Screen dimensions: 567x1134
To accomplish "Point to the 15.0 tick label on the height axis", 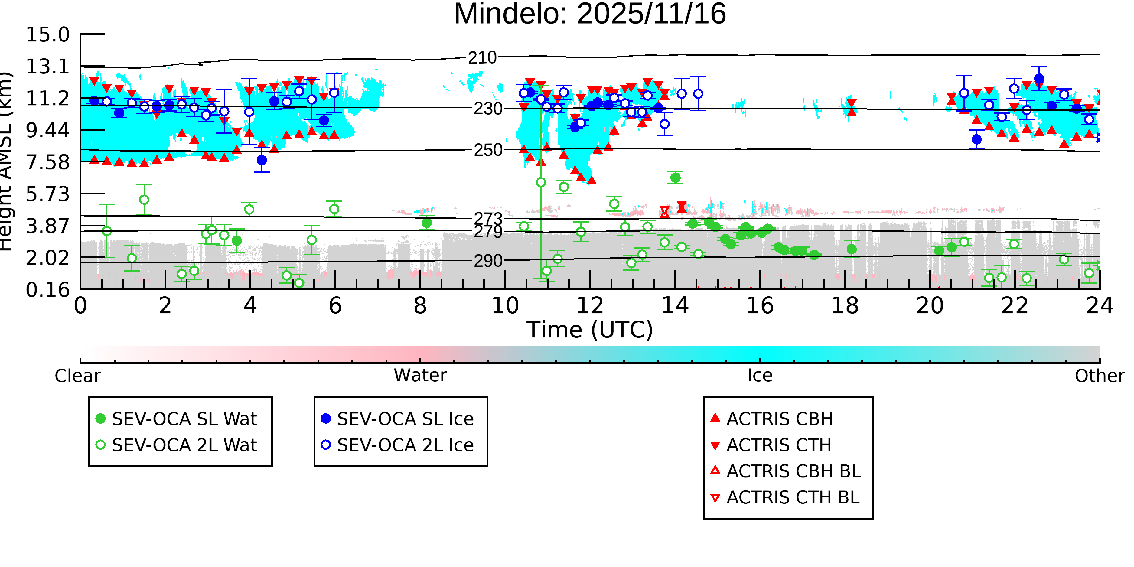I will click(47, 35).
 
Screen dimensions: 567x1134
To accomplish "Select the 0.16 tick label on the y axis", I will click(47, 290).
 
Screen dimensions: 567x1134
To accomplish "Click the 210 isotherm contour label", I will click(482, 58).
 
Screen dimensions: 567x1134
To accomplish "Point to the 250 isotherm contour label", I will click(488, 150).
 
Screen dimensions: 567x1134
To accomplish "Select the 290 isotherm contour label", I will click(488, 261).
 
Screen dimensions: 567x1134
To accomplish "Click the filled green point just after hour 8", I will click(426, 223).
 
